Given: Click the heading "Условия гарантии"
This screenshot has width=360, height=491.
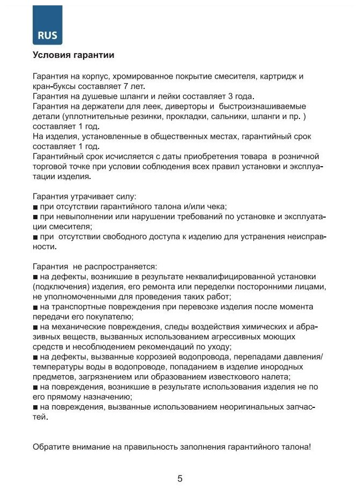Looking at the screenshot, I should tap(73, 55).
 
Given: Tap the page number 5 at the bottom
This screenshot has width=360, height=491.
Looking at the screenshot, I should tap(179, 479).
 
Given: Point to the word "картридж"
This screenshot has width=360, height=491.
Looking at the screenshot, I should tap(270, 76).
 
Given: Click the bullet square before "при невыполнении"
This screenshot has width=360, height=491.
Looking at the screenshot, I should tap(35, 217).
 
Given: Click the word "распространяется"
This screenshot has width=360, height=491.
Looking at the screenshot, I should tap(125, 266).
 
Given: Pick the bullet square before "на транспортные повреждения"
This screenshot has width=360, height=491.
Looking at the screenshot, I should tap(35, 307).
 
